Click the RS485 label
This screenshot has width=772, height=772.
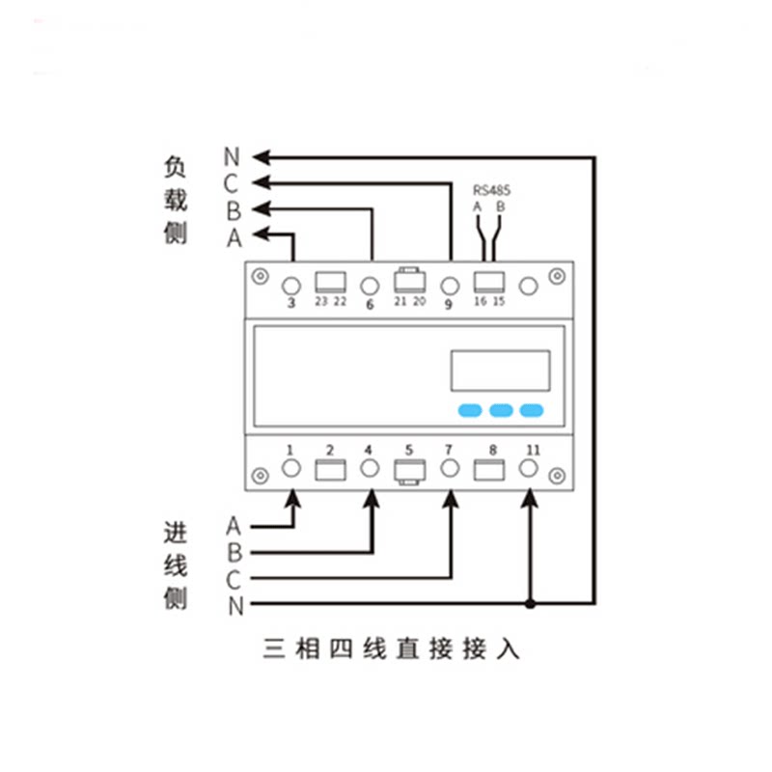pos(491,190)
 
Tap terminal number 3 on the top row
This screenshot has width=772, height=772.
pos(291,303)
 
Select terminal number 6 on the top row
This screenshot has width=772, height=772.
pos(370,304)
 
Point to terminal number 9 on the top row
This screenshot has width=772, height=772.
pos(449,304)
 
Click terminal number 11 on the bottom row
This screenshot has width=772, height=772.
pos(534,450)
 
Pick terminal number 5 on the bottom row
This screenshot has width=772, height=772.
pos(408,450)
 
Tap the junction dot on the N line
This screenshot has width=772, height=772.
pos(530,603)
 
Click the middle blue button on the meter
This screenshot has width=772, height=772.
pos(501,410)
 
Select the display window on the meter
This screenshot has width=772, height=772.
pos(500,371)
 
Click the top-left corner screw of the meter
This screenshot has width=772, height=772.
pos(260,276)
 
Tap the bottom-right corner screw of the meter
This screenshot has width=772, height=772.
pos(557,476)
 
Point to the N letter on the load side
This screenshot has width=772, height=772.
pos(232,157)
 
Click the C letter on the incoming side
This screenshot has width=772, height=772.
pos(233,580)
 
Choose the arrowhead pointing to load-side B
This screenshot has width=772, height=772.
pos(262,208)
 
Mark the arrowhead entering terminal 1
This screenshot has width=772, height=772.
pos(293,499)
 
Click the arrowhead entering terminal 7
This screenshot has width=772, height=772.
pos(450,499)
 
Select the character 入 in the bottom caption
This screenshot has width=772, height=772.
pos(508,648)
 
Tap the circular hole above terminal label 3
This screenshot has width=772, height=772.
pos(291,286)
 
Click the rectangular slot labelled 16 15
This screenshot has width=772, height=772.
pos(489,283)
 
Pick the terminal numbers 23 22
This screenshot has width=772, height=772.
pos(331,301)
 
